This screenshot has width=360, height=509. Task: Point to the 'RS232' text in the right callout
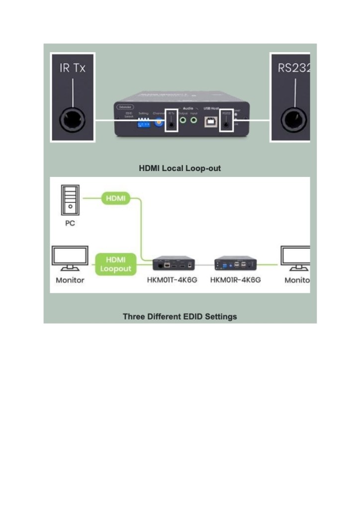click(x=294, y=68)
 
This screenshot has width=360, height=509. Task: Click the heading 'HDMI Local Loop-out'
click(x=180, y=169)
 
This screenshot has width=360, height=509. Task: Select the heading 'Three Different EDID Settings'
click(x=180, y=317)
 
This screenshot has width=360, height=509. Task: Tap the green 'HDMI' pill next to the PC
click(x=115, y=199)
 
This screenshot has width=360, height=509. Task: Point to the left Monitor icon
click(x=70, y=259)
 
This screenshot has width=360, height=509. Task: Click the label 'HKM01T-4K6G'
click(x=173, y=280)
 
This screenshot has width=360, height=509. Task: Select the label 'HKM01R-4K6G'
click(x=235, y=280)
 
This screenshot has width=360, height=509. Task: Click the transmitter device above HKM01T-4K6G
click(x=173, y=263)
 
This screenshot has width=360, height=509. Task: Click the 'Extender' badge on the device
click(x=125, y=107)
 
